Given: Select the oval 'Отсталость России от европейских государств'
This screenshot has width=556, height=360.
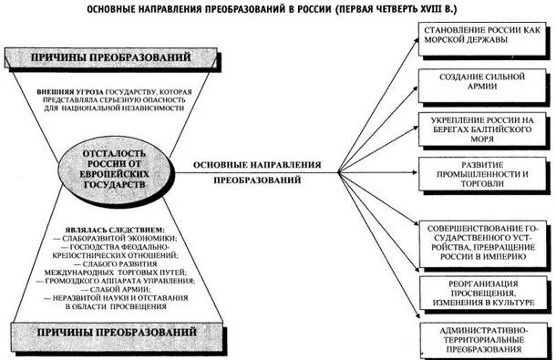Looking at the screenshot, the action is click(x=113, y=164).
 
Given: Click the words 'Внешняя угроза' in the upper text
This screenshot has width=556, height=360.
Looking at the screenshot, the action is click(x=67, y=92).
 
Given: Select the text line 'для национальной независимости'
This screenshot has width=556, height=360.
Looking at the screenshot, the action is click(x=113, y=108).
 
